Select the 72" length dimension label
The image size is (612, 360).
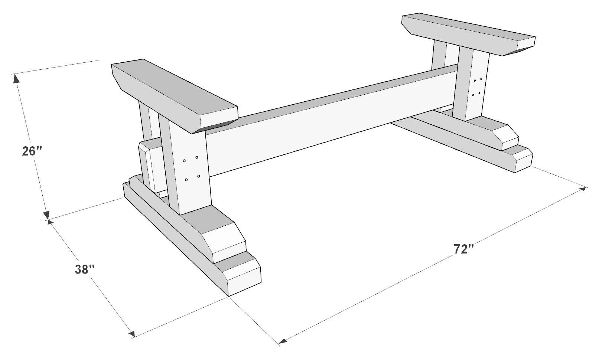coord(464,249)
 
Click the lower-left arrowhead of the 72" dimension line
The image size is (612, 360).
coord(283,340)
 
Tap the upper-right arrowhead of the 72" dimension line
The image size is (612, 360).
coord(583,189)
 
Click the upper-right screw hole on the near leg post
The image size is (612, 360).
coord(196,157)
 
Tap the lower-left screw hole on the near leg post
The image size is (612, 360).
coord(186,180)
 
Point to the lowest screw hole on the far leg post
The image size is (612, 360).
coord(473,95)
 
